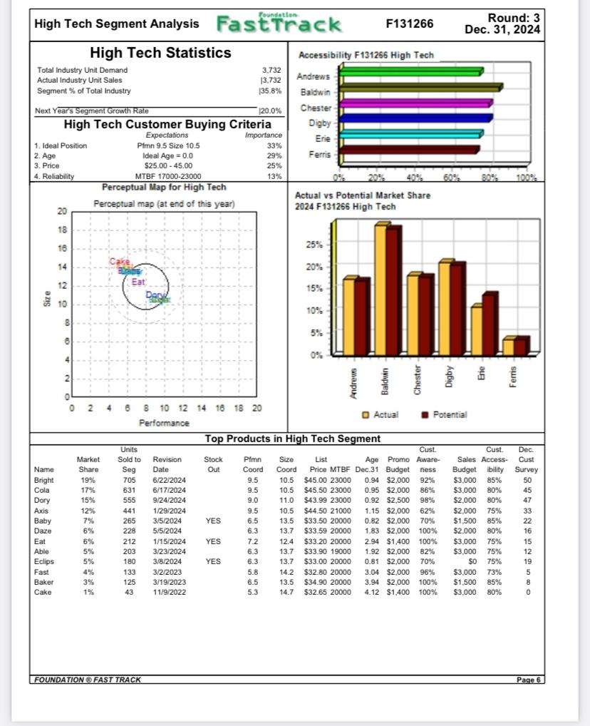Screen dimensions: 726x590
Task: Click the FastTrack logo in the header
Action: pyautogui.click(x=279, y=24)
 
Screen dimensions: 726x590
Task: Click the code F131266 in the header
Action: pyautogui.click(x=409, y=24)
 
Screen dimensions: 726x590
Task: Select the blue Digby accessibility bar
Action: pyautogui.click(x=415, y=118)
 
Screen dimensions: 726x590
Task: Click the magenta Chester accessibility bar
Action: pyautogui.click(x=415, y=103)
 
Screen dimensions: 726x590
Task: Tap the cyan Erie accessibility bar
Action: pyautogui.click(x=411, y=133)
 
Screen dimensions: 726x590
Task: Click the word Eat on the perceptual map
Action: pyautogui.click(x=139, y=282)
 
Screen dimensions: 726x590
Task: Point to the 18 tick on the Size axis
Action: pyautogui.click(x=61, y=230)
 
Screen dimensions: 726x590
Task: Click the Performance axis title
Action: pyautogui.click(x=164, y=423)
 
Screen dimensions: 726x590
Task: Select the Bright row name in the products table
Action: pyautogui.click(x=43, y=481)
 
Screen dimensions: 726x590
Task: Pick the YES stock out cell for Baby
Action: pyautogui.click(x=213, y=521)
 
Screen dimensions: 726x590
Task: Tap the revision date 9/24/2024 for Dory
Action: pyautogui.click(x=169, y=501)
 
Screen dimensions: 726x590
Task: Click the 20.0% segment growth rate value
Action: pyautogui.click(x=270, y=111)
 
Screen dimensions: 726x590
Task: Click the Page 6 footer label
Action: pyautogui.click(x=528, y=680)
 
